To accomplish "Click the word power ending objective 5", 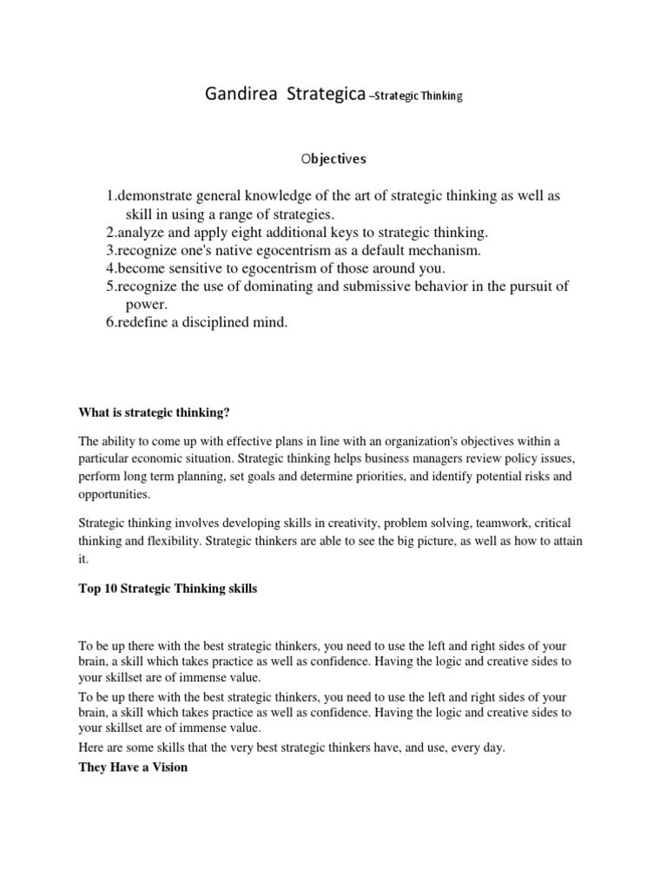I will tap(145, 305).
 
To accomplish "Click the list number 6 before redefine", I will tap(111, 323).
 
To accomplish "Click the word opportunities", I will tap(115, 495).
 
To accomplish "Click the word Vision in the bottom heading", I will tap(168, 767).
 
